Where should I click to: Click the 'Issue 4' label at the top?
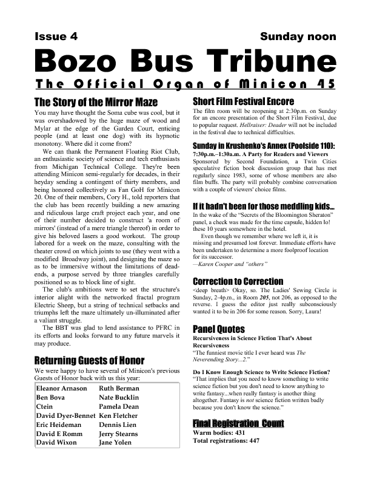[x=56, y=36]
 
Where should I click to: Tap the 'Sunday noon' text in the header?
[x=298, y=36]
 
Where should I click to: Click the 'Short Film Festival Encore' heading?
[x=243, y=101]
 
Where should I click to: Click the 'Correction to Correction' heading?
[x=238, y=282]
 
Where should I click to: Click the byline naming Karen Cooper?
[x=230, y=265]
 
